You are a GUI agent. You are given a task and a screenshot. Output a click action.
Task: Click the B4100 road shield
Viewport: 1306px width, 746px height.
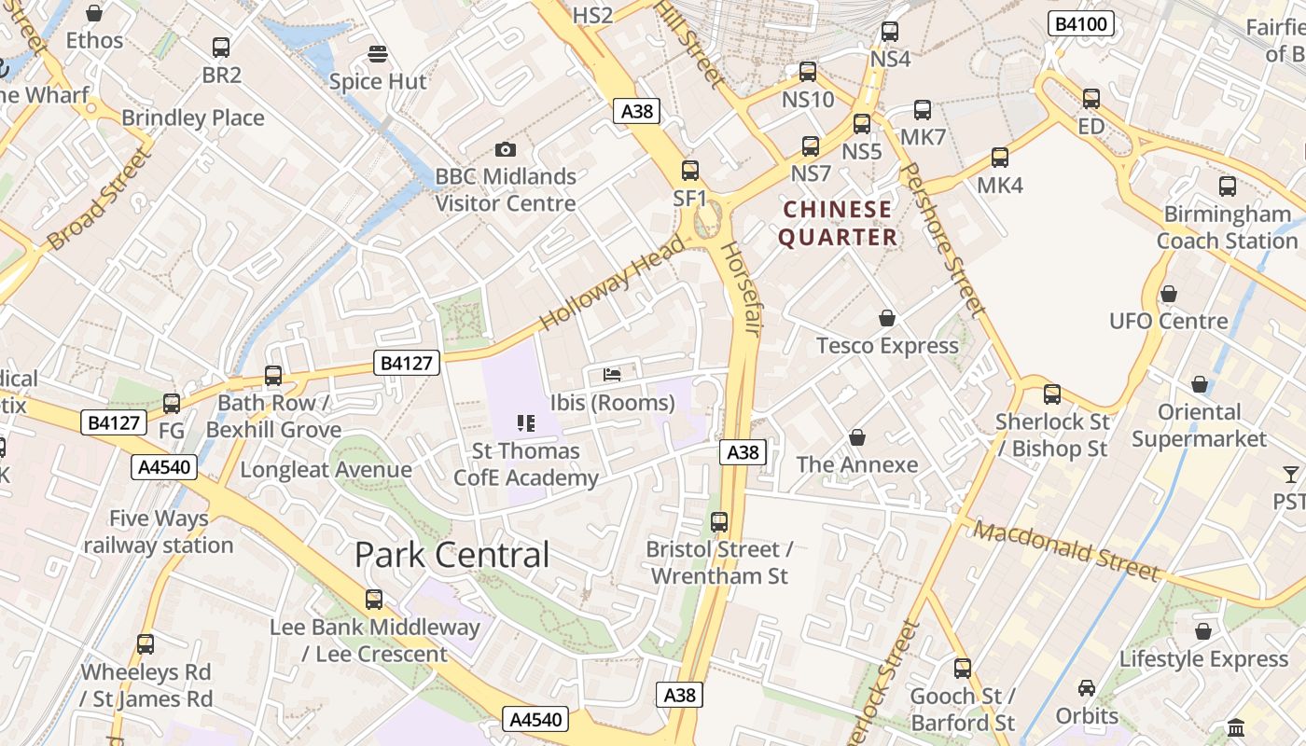pyautogui.click(x=1081, y=23)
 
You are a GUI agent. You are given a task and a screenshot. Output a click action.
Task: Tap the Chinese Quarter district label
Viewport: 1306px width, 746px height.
pyautogui.click(x=838, y=224)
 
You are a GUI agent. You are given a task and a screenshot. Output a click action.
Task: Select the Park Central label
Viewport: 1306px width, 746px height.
pyautogui.click(x=452, y=555)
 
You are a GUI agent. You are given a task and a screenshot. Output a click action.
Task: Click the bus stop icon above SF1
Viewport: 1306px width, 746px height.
pyautogui.click(x=690, y=171)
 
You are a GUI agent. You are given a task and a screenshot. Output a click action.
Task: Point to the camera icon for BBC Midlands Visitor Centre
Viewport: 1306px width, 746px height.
pyautogui.click(x=505, y=149)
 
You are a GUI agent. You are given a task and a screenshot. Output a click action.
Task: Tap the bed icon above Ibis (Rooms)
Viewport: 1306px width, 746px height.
pyautogui.click(x=612, y=375)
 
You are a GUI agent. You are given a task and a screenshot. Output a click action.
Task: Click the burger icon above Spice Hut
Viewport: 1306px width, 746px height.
pyautogui.click(x=378, y=54)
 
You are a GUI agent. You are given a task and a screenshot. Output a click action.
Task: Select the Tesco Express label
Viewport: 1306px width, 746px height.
pyautogui.click(x=887, y=346)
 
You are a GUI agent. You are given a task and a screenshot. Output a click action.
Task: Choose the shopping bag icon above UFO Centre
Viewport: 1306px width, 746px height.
pyautogui.click(x=1168, y=295)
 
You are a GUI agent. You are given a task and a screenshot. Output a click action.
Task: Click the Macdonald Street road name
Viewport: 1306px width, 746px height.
pyautogui.click(x=1066, y=550)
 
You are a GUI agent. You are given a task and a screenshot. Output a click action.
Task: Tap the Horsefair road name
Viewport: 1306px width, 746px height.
pyautogui.click(x=737, y=289)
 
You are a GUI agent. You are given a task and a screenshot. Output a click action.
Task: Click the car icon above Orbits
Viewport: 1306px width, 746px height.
pyautogui.click(x=1087, y=688)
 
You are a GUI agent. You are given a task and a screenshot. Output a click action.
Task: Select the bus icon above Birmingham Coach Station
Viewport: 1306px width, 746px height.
pyautogui.click(x=1228, y=186)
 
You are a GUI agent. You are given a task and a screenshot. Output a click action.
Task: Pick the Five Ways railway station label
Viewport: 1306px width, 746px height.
pyautogui.click(x=159, y=532)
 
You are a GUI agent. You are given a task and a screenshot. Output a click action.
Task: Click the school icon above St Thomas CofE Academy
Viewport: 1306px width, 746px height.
pyautogui.click(x=525, y=423)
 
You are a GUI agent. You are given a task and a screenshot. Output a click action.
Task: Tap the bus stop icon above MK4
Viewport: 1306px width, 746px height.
pyautogui.click(x=1000, y=158)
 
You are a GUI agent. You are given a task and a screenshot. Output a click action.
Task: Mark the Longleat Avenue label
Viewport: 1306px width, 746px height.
pyautogui.click(x=326, y=469)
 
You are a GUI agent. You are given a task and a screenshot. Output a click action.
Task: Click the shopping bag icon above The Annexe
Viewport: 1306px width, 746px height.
pyautogui.click(x=856, y=437)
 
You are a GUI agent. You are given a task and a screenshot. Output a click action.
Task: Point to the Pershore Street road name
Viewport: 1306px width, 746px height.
pyautogui.click(x=944, y=240)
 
